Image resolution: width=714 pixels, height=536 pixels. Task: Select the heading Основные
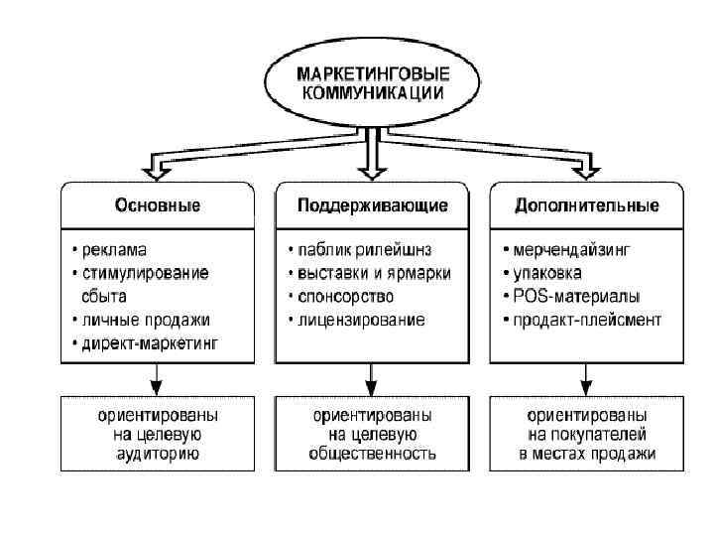(x=158, y=205)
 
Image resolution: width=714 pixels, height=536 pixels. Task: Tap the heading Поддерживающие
(x=373, y=205)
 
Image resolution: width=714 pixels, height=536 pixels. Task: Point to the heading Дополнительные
(x=587, y=205)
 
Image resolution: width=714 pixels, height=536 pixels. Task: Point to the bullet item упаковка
(x=548, y=272)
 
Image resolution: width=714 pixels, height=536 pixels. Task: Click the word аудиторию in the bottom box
(x=158, y=454)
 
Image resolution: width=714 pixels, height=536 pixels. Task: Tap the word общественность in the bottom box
(x=373, y=454)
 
